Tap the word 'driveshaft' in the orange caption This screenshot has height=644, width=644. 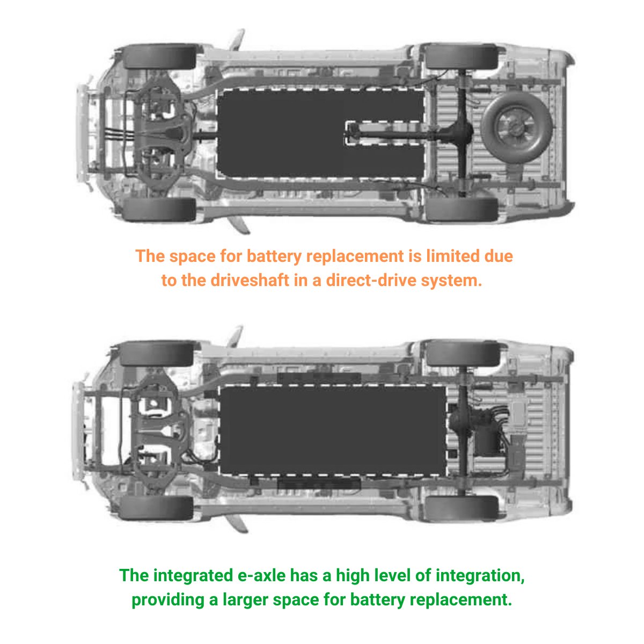pos(250,280)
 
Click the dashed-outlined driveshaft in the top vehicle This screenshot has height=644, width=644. pos(384,133)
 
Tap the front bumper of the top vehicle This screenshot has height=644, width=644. pos(82,134)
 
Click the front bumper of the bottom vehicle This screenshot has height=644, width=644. pos(78,431)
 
